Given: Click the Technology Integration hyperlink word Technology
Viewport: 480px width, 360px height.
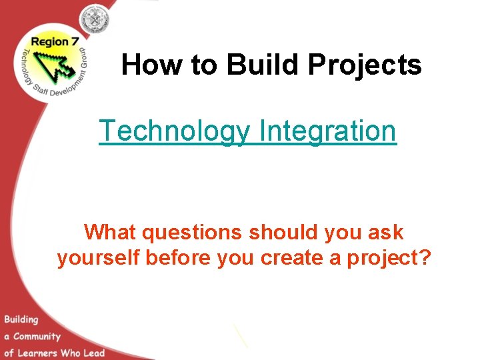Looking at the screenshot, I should pos(175,131).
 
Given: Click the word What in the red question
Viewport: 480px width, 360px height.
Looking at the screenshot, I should pos(111,233).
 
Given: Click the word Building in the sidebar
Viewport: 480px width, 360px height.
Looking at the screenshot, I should pos(22,319).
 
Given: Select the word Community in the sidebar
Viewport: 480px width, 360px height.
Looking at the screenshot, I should pos(37,336).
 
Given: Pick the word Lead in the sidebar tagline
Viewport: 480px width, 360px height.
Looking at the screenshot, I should pos(93,352).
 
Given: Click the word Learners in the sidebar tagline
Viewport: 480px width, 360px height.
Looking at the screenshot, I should pos(41,352).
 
